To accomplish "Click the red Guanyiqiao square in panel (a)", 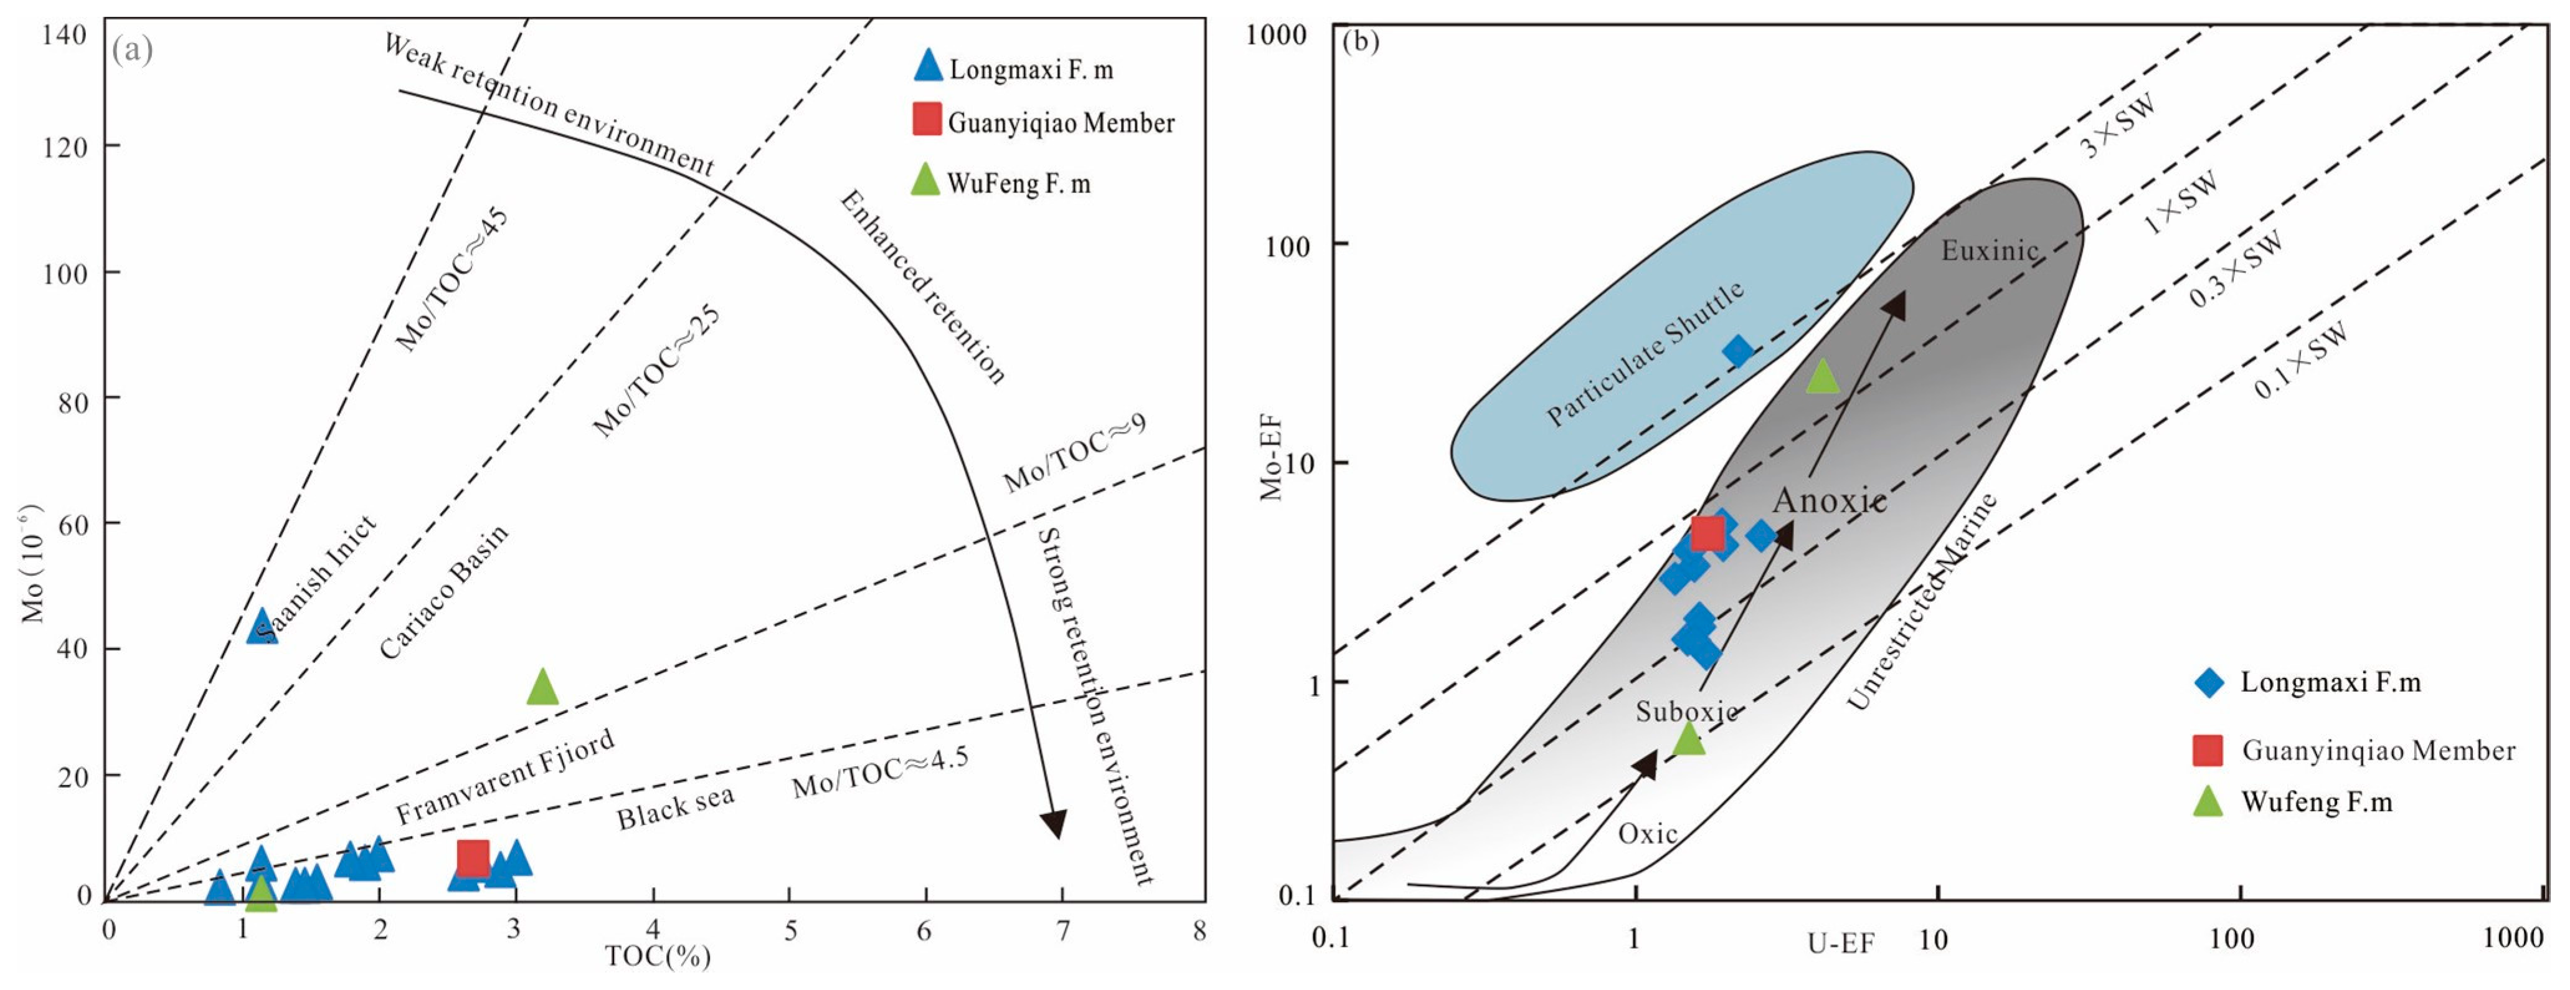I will click(x=473, y=856).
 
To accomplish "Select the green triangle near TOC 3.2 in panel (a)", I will click(x=542, y=687).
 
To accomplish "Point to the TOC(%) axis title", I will click(x=658, y=956).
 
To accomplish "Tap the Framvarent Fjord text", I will click(x=505, y=776).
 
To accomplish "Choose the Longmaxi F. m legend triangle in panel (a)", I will click(x=928, y=66).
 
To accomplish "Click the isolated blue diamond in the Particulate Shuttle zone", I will click(x=1738, y=351).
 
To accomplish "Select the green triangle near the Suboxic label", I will click(x=1688, y=738).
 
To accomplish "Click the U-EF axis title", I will click(x=1841, y=942).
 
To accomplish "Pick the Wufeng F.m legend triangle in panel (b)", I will click(x=2209, y=801).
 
